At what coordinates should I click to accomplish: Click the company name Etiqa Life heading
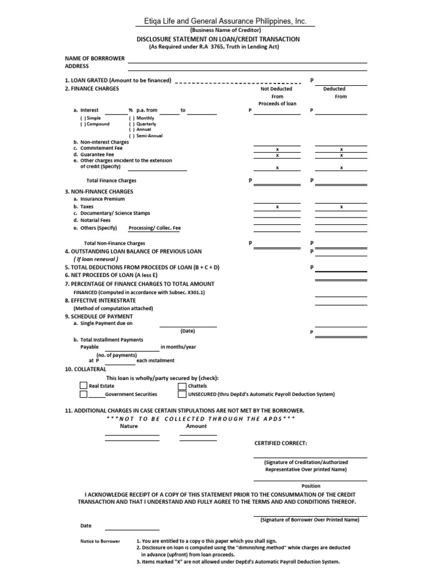click(225, 21)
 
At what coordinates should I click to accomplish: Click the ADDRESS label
click(77, 66)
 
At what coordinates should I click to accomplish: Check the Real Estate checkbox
click(84, 386)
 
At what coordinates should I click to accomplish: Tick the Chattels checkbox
click(182, 386)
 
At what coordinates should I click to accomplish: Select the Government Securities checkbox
click(84, 394)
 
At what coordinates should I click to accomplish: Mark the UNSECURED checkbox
click(182, 394)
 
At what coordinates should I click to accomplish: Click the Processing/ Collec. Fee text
click(154, 228)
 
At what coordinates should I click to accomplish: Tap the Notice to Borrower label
click(100, 541)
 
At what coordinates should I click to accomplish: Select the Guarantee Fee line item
click(97, 155)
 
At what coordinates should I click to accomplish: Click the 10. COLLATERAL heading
click(85, 370)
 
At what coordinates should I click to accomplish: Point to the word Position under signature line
click(311, 486)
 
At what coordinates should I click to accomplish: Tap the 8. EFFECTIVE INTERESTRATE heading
click(100, 300)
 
